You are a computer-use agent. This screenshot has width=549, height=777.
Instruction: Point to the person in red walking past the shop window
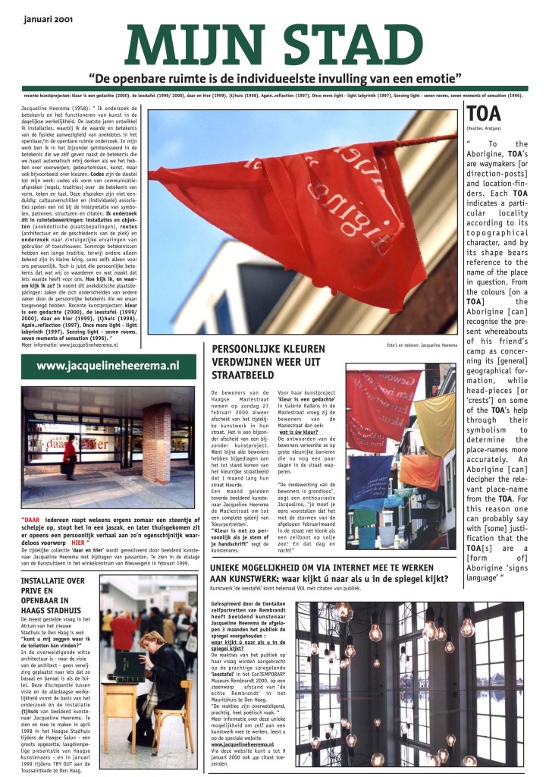(x=70, y=456)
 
